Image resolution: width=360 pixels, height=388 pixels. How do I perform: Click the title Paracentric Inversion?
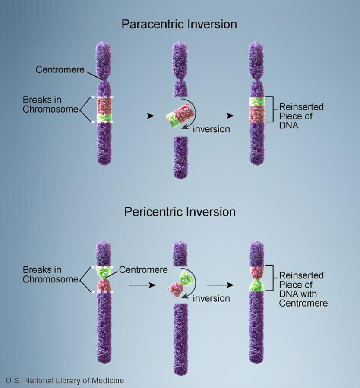[179, 24]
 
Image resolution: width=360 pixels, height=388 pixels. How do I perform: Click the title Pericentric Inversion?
[180, 212]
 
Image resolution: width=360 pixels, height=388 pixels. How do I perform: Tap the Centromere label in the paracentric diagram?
[60, 69]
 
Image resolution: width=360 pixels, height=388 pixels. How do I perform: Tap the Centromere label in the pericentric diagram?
[143, 270]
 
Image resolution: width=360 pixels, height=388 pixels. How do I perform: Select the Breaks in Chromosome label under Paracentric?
[51, 104]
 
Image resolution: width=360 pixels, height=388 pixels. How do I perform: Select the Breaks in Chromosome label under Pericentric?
[51, 275]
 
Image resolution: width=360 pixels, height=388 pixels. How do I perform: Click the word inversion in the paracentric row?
[211, 129]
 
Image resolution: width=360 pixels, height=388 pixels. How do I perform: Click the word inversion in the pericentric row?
[211, 298]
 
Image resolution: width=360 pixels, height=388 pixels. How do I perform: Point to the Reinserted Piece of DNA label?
[301, 116]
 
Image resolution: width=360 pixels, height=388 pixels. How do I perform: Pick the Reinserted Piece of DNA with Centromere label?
[303, 289]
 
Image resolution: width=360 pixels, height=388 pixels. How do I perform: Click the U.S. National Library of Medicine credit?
[65, 380]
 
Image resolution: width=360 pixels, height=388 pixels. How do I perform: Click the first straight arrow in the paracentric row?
[141, 116]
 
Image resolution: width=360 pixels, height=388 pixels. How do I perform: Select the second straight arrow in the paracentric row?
[220, 116]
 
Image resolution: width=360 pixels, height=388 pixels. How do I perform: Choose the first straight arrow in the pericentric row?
[142, 285]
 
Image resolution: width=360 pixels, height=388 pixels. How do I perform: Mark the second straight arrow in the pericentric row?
[220, 285]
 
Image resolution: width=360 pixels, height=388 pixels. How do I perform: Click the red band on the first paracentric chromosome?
[104, 106]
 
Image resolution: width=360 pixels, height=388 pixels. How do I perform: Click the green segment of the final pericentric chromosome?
[257, 285]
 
